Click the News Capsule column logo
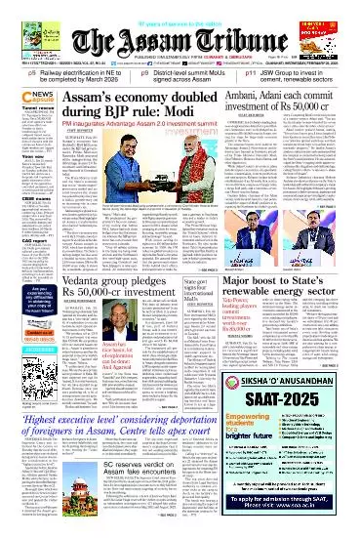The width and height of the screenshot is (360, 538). (22, 95)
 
